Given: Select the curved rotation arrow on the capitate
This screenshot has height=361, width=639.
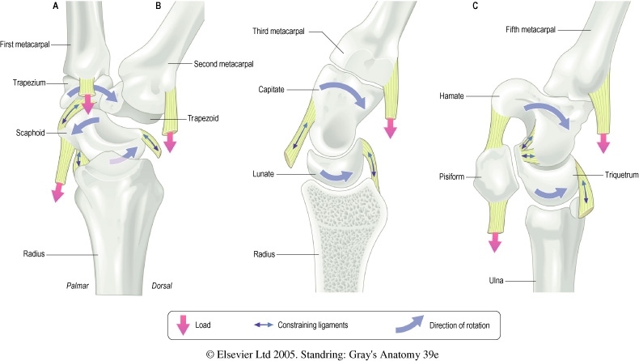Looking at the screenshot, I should coord(341,95).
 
